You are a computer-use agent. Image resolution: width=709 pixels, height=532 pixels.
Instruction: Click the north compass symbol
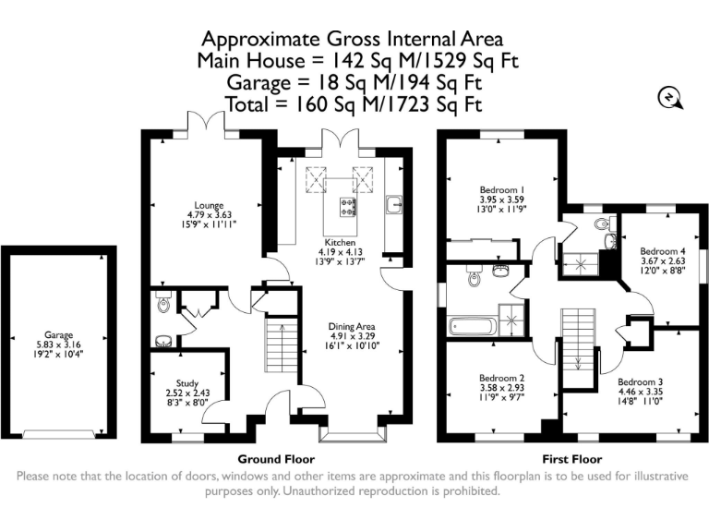669,98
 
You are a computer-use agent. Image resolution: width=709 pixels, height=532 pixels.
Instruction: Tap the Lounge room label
209,205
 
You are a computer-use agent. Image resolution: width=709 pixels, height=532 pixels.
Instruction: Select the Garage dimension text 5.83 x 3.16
59,345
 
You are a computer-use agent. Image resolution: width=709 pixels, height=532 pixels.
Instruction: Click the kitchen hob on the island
347,208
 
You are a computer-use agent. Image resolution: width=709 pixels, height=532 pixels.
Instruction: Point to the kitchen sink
394,204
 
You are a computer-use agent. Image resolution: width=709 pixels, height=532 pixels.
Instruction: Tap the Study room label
187,383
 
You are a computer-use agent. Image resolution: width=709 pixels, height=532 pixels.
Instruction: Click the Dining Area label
352,326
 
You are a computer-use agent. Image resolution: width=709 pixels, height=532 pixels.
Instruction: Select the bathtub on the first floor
473,326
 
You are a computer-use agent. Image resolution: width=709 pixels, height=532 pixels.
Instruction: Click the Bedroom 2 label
502,378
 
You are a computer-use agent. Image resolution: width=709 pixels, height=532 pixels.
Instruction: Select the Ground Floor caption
276,460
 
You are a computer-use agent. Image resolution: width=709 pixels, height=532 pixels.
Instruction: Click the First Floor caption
572,460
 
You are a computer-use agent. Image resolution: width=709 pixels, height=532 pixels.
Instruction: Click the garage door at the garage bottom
59,434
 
